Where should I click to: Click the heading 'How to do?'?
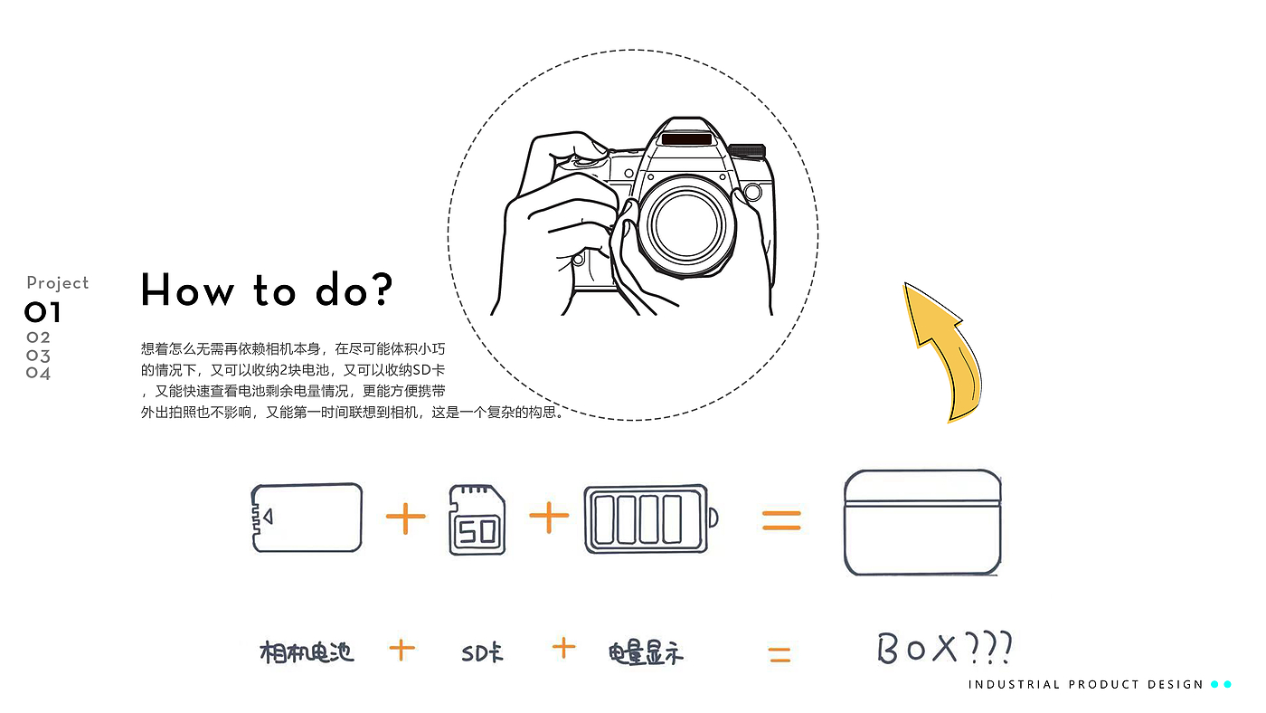266,290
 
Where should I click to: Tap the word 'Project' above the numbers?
58,282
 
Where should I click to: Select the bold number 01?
43,312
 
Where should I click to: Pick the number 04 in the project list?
38,373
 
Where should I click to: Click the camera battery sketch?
307,518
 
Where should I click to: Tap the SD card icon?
477,519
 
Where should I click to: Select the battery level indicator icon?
650,518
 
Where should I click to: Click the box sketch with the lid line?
922,522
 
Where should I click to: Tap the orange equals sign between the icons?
781,520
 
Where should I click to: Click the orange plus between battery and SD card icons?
405,517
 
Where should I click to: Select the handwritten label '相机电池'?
307,652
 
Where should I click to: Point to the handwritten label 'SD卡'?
482,652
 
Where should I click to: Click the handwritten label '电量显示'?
646,653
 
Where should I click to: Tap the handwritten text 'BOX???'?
944,648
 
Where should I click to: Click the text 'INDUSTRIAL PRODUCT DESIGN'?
1085,685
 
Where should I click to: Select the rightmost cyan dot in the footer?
1228,684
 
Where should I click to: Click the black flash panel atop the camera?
686,139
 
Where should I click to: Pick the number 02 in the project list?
38,337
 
